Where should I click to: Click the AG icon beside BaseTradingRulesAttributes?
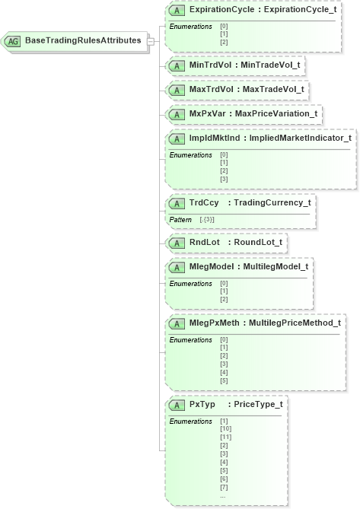coord(14,40)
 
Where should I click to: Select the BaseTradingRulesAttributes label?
coord(83,40)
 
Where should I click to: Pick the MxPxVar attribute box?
coord(244,114)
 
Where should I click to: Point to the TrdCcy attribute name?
coord(203,203)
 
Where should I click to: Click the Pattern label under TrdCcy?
coord(181,219)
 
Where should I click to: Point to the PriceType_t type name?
coord(258,404)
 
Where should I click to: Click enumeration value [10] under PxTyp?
coord(226,429)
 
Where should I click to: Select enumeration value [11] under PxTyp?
coord(226,437)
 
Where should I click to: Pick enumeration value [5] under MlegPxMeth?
coord(224,380)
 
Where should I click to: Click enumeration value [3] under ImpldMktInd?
coord(224,179)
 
